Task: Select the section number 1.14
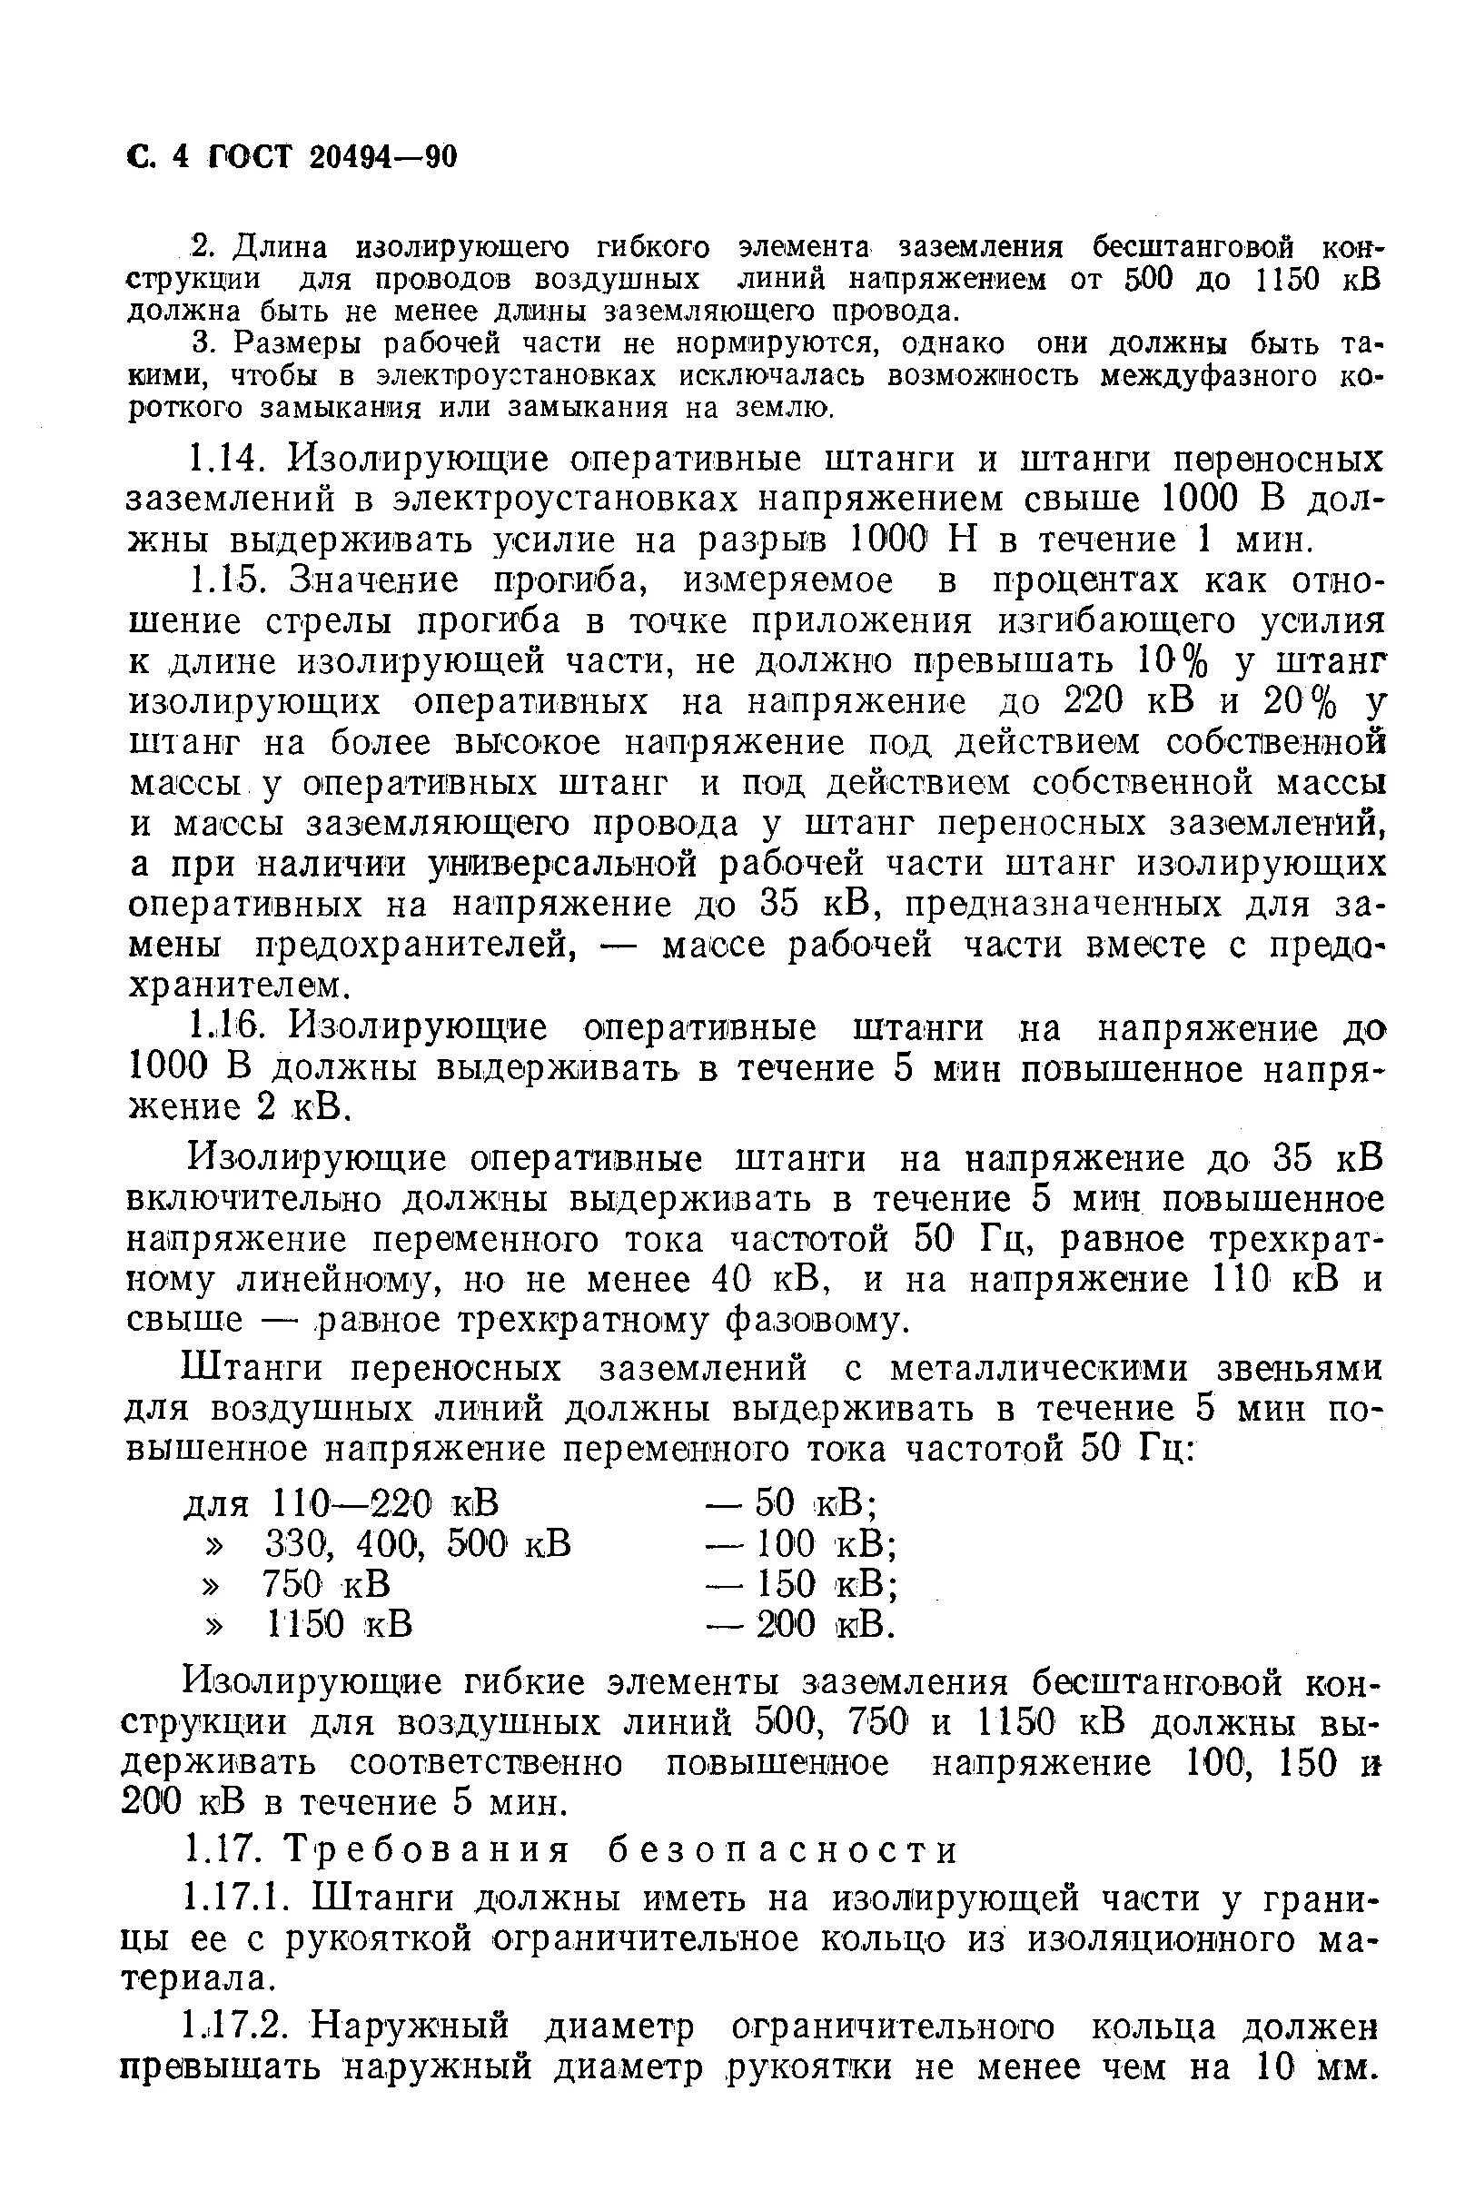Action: pyautogui.click(x=223, y=460)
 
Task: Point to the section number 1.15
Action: pyautogui.click(x=223, y=580)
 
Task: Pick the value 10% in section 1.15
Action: pyautogui.click(x=1169, y=662)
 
